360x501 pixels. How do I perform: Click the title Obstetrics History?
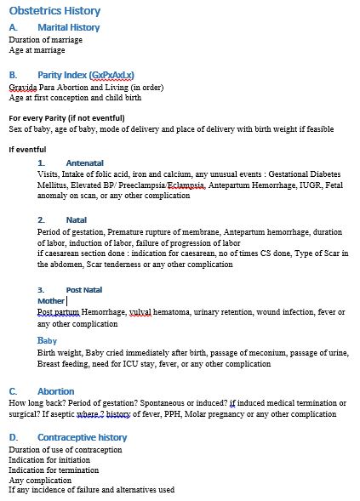[x=54, y=11]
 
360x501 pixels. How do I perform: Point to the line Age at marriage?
[x=37, y=50]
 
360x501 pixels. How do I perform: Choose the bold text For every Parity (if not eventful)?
[x=66, y=117]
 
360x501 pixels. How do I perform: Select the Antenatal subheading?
[x=84, y=162]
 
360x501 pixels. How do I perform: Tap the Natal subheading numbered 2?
[x=76, y=219]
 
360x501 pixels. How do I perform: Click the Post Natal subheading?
[x=83, y=290]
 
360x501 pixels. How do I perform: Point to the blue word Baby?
[x=47, y=340]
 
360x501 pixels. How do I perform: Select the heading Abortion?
[x=55, y=390]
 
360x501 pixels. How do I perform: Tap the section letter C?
[x=13, y=390]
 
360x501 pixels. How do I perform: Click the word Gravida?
[x=24, y=87]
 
